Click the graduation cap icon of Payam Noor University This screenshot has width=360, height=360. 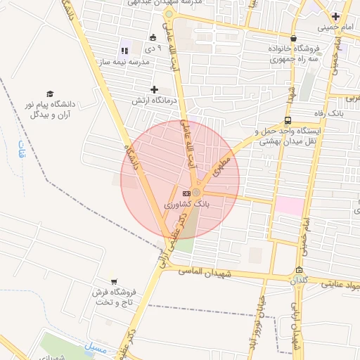(50, 94)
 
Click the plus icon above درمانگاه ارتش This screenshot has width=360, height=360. (154, 89)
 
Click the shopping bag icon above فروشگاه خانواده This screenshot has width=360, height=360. (293, 39)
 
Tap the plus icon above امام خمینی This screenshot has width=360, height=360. (335, 16)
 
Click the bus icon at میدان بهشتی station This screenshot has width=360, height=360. (288, 120)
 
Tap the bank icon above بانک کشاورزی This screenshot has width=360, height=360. (186, 193)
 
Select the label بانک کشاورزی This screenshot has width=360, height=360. (187, 204)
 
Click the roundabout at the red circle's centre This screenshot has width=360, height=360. (198, 192)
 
